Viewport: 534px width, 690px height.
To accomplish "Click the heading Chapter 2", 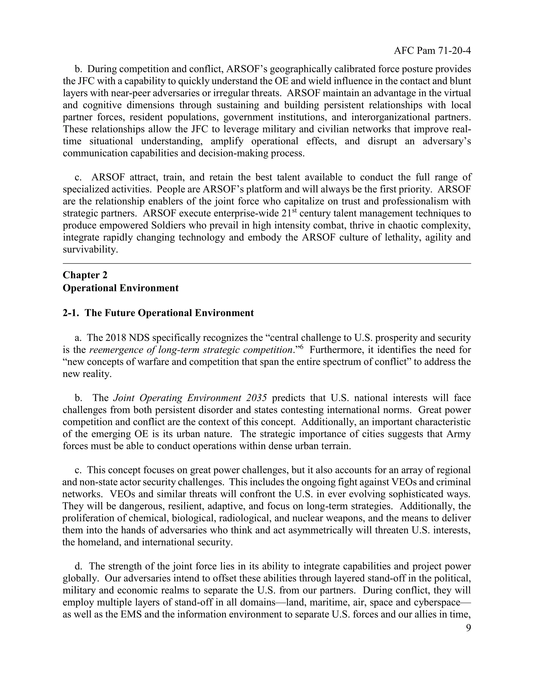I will [85, 275].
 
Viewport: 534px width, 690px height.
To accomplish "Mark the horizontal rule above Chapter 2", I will [267, 263].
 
